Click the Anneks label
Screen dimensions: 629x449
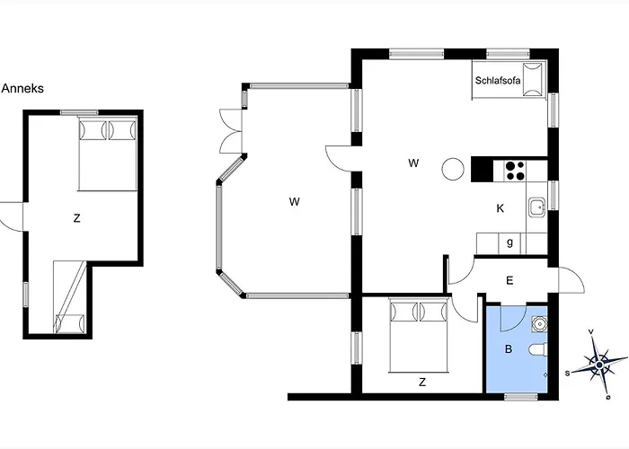[x=22, y=89]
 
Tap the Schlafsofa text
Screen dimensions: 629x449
[x=498, y=81]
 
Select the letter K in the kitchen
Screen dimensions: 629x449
[x=501, y=208]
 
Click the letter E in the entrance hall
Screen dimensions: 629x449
[x=509, y=280]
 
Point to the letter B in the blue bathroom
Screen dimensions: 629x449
[x=509, y=349]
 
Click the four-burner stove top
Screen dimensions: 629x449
[x=515, y=171]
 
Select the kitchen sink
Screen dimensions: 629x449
[x=536, y=207]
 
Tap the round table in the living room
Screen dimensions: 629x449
[x=453, y=169]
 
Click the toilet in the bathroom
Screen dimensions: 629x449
[x=538, y=350]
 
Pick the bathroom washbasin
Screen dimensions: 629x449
[x=539, y=323]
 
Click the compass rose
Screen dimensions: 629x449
[x=599, y=365]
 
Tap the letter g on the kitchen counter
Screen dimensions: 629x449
[x=509, y=242]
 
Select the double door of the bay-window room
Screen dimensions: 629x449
[x=231, y=131]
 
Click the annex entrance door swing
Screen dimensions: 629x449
[x=12, y=217]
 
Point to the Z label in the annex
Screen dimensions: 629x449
[x=76, y=218]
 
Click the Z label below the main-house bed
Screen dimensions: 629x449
[x=422, y=383]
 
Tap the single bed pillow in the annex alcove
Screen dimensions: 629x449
[x=70, y=323]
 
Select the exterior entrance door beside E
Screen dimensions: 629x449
[x=571, y=279]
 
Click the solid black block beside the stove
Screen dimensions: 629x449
[x=482, y=169]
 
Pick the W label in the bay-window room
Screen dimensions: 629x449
[x=294, y=202]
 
